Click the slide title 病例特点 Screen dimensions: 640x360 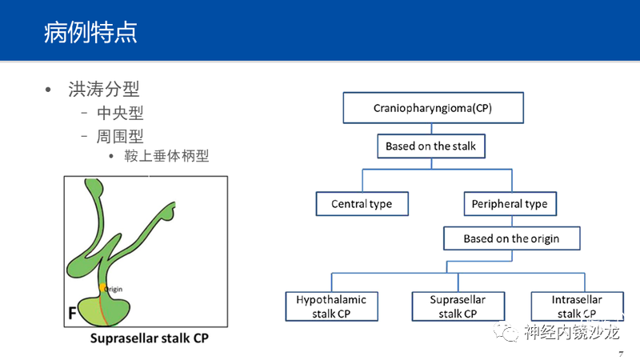tap(90, 32)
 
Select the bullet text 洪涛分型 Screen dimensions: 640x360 tap(104, 89)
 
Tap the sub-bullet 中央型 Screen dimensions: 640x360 tap(121, 113)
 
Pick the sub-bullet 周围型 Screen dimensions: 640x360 tap(121, 136)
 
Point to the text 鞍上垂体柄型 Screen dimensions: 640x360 tap(166, 155)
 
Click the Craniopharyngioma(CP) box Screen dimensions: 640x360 tap(433, 108)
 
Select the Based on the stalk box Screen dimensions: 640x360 tap(431, 146)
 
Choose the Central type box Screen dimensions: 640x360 tap(362, 204)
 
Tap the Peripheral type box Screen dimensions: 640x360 tap(510, 204)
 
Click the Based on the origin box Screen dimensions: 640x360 tap(511, 238)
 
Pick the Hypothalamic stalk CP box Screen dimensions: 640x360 tap(331, 306)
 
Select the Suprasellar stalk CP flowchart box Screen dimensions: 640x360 tap(458, 306)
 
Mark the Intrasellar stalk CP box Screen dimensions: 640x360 tap(577, 306)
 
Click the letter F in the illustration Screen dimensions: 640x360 tap(72, 313)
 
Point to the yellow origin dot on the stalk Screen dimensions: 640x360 tap(102, 288)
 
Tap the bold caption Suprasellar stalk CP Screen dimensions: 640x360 tap(150, 338)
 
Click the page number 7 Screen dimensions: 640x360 tap(621, 354)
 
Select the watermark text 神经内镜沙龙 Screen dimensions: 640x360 tap(572, 332)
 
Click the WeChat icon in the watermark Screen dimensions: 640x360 tap(506, 332)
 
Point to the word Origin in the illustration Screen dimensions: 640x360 tap(113, 289)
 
